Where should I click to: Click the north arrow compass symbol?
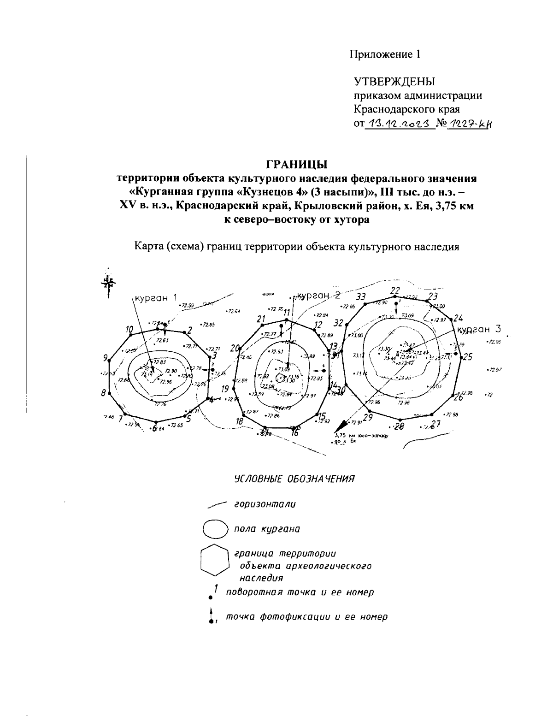(107, 283)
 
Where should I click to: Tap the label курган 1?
(156, 298)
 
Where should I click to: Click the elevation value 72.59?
(188, 305)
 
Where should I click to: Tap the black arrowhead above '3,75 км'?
(342, 426)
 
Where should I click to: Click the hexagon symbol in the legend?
(215, 560)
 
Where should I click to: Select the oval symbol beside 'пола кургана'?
(215, 528)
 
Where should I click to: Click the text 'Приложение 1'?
(385, 54)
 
